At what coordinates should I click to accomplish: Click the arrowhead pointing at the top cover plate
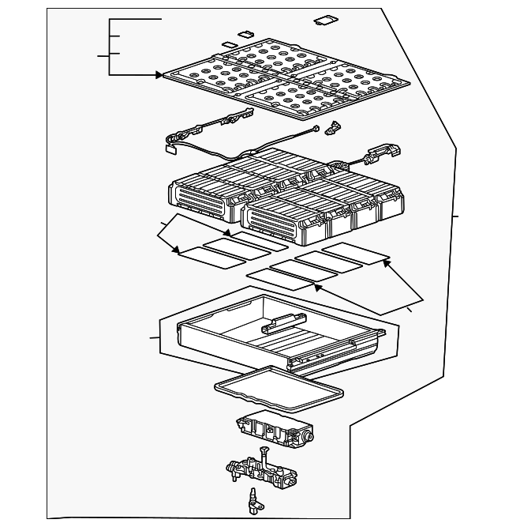[159, 75]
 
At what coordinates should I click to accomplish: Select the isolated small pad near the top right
[325, 21]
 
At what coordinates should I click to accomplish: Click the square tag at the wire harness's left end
[170, 145]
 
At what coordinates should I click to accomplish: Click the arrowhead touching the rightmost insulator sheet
[386, 263]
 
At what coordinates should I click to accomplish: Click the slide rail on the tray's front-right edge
[335, 354]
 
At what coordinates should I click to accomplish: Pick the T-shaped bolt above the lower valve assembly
[264, 456]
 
